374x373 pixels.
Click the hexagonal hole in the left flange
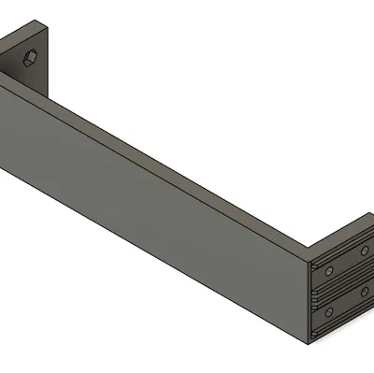point(30,59)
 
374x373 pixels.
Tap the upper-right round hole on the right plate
point(363,251)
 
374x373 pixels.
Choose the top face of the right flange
point(341,234)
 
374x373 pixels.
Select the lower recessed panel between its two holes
point(346,313)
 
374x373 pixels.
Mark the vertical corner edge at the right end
point(311,299)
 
